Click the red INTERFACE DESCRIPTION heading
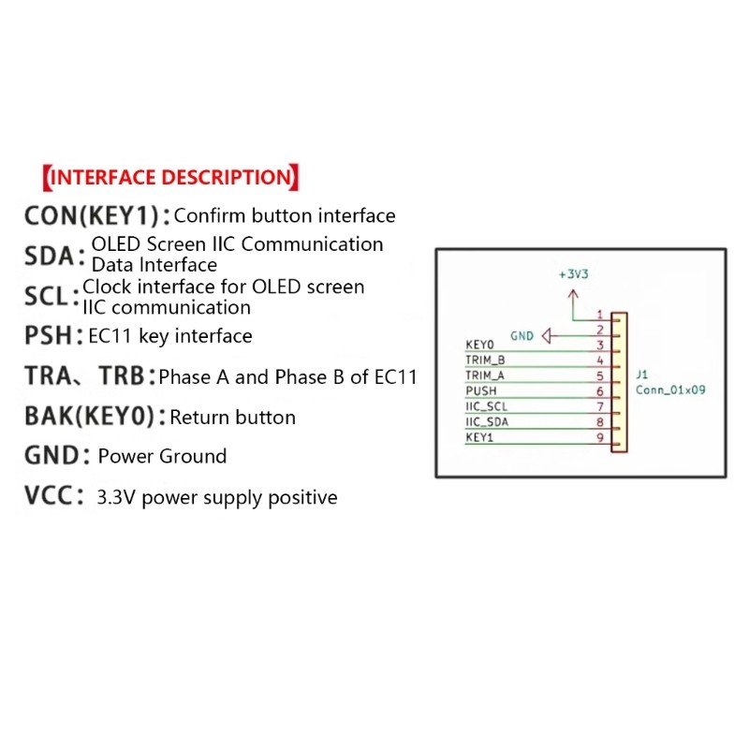(170, 177)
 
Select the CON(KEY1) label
(91, 215)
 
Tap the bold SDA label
(50, 256)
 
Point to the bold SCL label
(46, 296)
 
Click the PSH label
(48, 335)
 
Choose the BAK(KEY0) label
(89, 416)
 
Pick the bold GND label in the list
(51, 455)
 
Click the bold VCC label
(49, 495)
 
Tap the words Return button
(232, 418)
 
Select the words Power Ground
(162, 456)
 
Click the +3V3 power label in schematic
(574, 274)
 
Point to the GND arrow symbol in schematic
(548, 336)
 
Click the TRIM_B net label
(485, 360)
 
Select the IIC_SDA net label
(487, 422)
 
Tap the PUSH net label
(481, 390)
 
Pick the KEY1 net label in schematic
(479, 437)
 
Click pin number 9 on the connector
(600, 437)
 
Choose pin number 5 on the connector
(600, 376)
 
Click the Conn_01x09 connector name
(670, 389)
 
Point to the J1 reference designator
(642, 374)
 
